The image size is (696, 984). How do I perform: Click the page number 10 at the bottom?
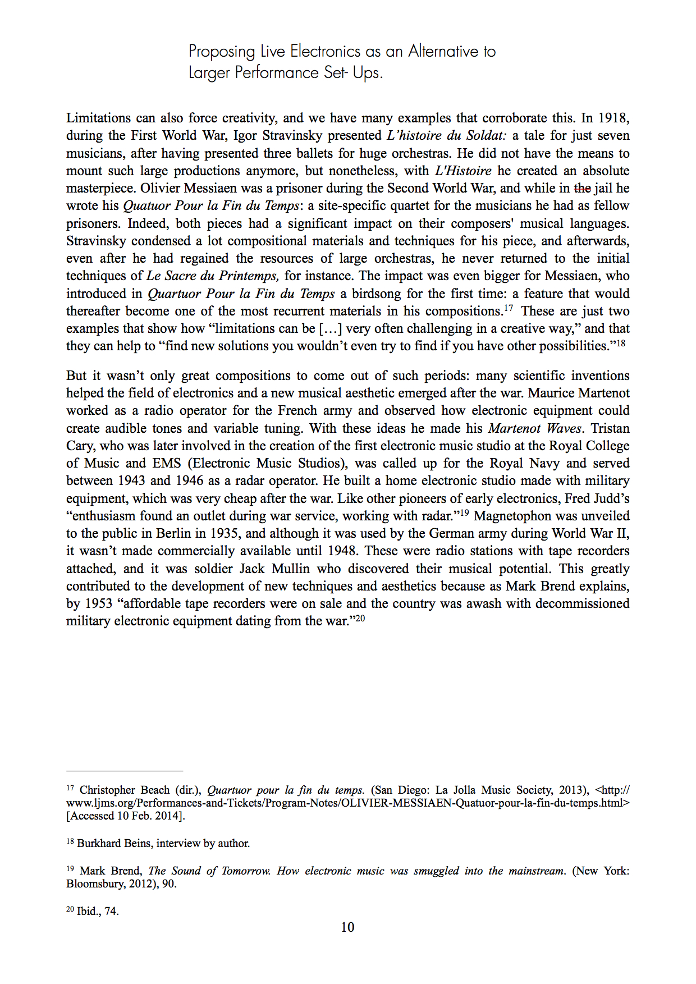[x=347, y=927]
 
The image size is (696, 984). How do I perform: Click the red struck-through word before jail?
[x=582, y=188]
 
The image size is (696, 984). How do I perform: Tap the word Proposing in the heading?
[x=222, y=52]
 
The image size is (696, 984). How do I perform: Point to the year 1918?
[x=613, y=118]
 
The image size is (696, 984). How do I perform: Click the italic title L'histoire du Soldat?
[x=447, y=135]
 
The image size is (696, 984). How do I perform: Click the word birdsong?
[x=376, y=294]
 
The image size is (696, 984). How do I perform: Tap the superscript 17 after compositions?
[x=509, y=308]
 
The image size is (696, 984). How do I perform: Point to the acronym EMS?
[x=167, y=463]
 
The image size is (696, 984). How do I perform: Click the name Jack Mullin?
[x=274, y=569]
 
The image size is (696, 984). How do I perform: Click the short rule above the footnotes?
[x=125, y=771]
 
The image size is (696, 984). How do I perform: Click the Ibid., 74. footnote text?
[x=98, y=911]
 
